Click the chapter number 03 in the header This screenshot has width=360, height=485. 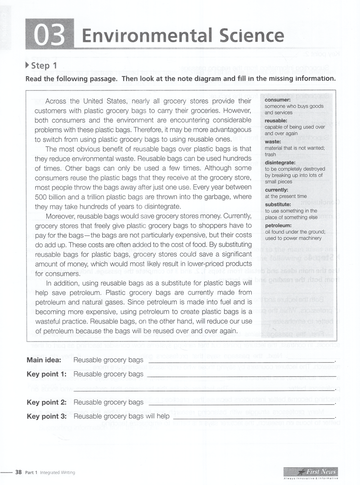(49, 35)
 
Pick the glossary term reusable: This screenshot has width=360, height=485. (276, 121)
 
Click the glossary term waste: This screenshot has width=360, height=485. (273, 142)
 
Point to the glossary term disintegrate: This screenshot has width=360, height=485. (280, 162)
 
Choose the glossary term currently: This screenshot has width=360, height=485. (277, 190)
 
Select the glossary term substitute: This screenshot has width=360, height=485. (278, 204)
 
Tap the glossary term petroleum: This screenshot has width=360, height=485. (278, 225)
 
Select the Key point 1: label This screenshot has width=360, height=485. (46, 374)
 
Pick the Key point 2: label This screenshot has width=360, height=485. (46, 402)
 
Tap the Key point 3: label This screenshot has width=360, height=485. (46, 416)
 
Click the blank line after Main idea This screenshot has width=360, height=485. (241, 362)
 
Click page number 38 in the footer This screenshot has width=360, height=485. (18, 472)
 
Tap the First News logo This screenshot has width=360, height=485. (310, 472)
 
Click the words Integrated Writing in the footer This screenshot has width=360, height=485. (58, 472)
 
